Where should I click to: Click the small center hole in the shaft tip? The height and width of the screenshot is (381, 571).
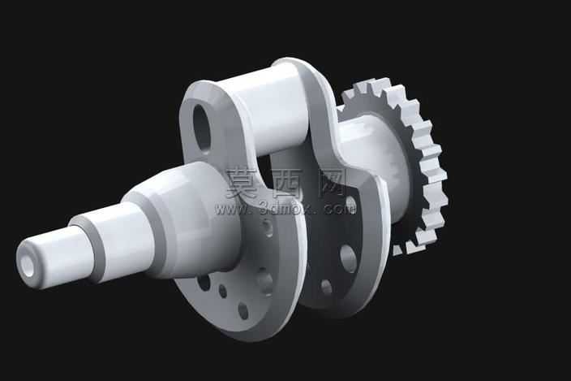[x=28, y=263]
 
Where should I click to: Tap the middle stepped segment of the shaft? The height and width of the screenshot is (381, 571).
[x=114, y=242]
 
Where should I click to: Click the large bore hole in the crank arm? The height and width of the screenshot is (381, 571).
[x=202, y=128]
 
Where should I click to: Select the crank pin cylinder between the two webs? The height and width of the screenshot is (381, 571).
[x=269, y=110]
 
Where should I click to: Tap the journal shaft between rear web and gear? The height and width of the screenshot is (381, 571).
[x=375, y=160]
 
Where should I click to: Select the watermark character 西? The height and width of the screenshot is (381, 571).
[x=288, y=184]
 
